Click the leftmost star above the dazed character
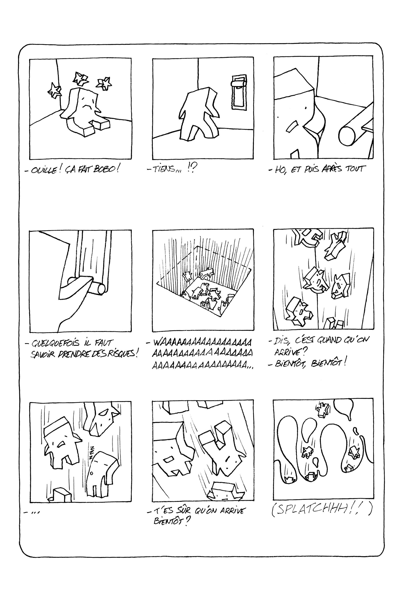[55, 90]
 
